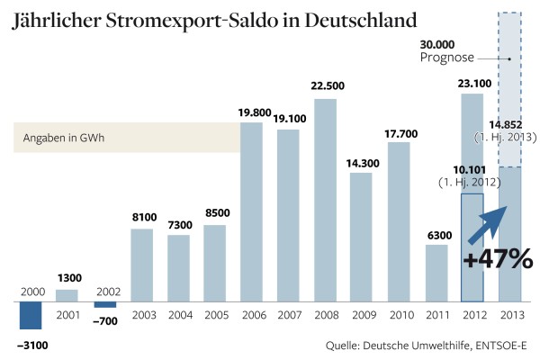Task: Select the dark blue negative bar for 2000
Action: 31,316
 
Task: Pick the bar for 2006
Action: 251,211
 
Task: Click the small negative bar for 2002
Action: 104,305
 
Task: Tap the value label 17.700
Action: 399,134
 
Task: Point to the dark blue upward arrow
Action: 492,222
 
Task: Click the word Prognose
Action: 446,58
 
